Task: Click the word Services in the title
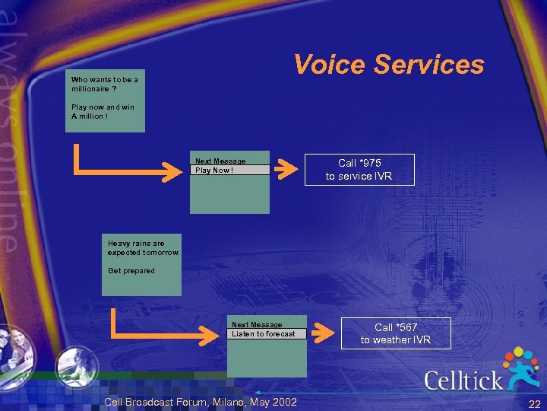pos(429,65)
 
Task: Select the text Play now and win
pos(103,107)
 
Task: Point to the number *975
pos(370,163)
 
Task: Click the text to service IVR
pos(359,177)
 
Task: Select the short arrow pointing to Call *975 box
pos(286,169)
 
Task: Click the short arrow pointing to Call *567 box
pos(323,332)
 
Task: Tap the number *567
pos(406,327)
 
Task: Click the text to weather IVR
pos(395,340)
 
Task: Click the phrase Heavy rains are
pos(136,244)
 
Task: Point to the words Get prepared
pos(131,271)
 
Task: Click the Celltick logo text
pos(463,380)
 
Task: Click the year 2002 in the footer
pos(284,402)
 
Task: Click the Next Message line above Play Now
pos(220,161)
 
